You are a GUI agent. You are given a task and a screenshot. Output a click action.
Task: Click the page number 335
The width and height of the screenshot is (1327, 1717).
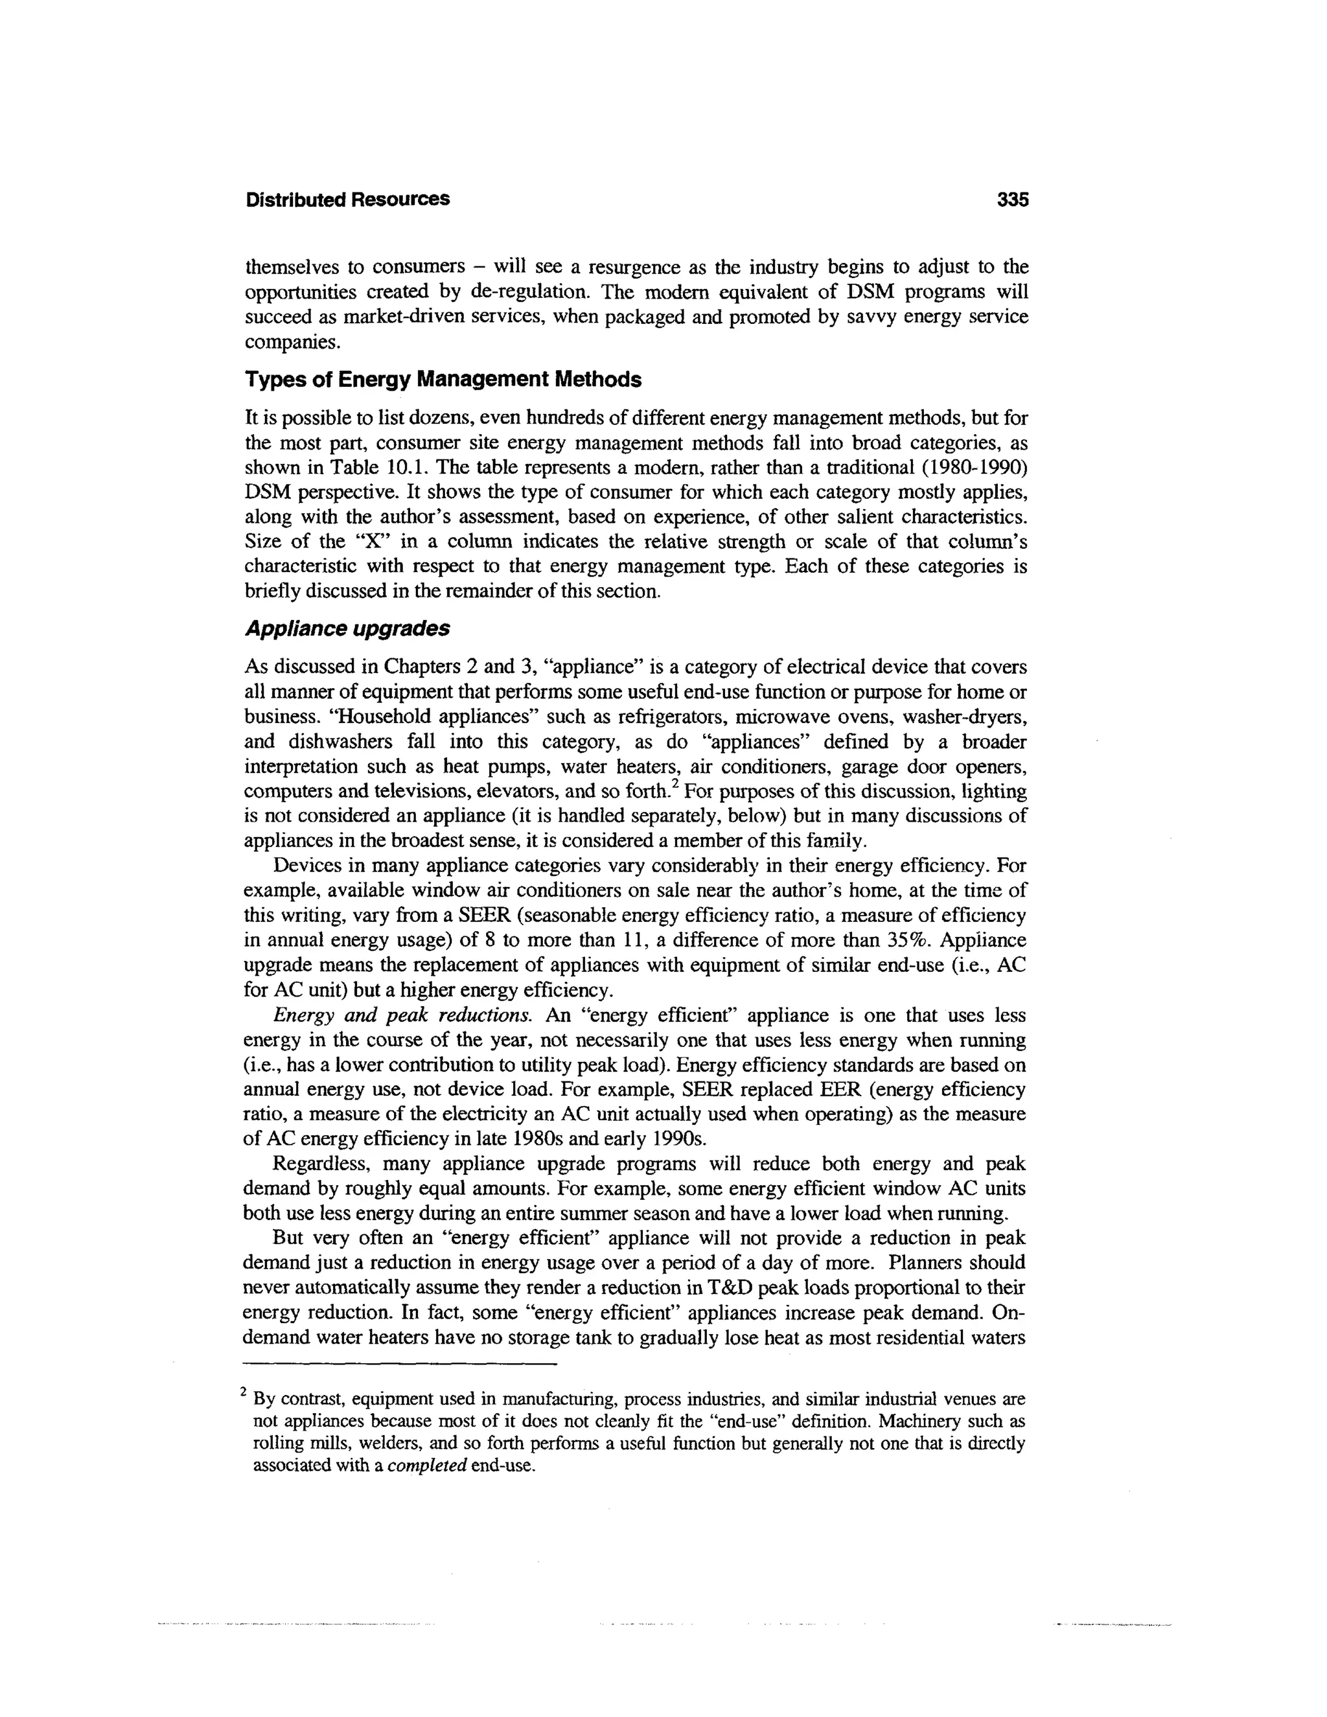(x=1011, y=200)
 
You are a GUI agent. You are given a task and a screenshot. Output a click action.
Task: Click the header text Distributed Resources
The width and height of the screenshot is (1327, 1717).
(x=347, y=200)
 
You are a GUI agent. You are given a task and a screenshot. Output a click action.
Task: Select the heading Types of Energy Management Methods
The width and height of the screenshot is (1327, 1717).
(x=443, y=380)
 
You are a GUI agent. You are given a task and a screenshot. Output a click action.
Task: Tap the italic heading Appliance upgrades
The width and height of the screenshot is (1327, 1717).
(x=347, y=629)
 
